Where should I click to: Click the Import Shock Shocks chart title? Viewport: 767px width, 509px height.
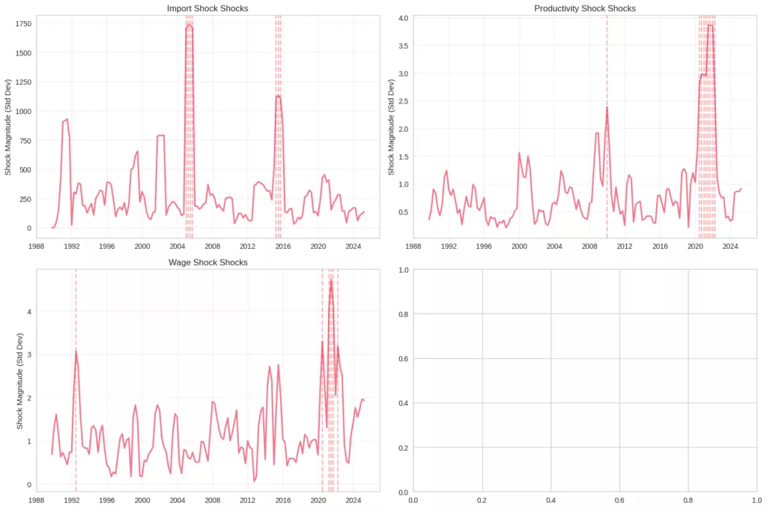click(207, 8)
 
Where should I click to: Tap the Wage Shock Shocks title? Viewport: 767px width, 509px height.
click(207, 262)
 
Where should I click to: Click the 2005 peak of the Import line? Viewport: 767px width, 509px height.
click(190, 26)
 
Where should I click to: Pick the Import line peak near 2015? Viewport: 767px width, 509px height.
click(278, 95)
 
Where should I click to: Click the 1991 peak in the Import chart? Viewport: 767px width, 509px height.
click(67, 119)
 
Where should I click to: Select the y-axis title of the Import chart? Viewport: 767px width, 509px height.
click(8, 124)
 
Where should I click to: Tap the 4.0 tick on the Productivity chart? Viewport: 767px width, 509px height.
click(403, 18)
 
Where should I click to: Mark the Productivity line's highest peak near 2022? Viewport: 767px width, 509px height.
click(709, 25)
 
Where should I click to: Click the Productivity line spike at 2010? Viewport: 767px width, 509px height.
click(607, 107)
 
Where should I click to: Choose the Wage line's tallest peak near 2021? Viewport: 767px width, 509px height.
click(330, 280)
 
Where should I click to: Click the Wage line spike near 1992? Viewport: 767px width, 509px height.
click(76, 351)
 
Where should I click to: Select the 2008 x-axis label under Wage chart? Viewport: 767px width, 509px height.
click(213, 499)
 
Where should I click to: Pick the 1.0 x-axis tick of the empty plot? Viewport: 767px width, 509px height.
click(756, 499)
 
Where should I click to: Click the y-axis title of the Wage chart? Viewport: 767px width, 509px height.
click(20, 381)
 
